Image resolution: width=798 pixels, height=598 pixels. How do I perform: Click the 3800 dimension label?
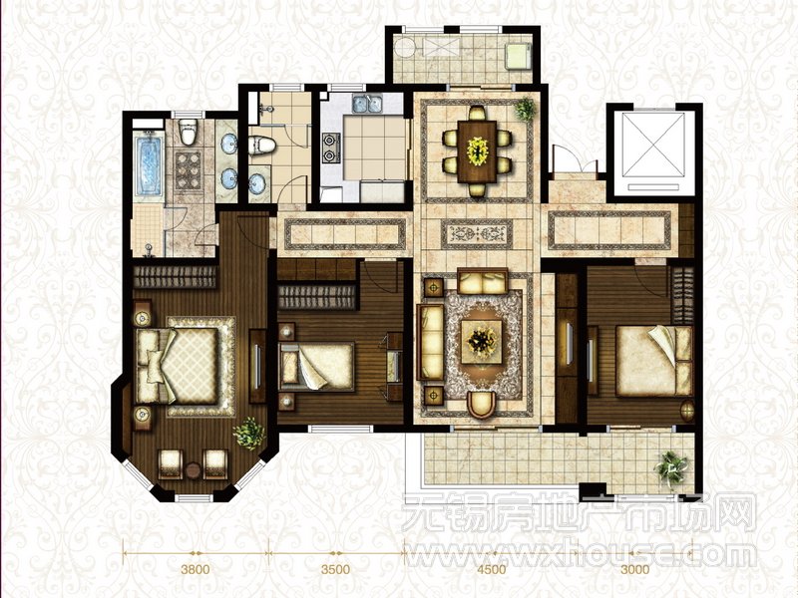pyautogui.click(x=196, y=569)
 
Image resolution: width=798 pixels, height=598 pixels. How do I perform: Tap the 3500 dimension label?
pyautogui.click(x=335, y=569)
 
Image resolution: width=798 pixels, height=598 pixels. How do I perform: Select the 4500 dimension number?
pyautogui.click(x=491, y=569)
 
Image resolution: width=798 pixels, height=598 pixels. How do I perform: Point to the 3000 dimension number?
pyautogui.click(x=634, y=569)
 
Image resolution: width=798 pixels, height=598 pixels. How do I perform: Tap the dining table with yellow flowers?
pyautogui.click(x=477, y=151)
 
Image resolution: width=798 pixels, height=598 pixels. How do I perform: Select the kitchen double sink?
pyautogui.click(x=367, y=104)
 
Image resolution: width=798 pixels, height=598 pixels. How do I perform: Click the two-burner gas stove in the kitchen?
pyautogui.click(x=331, y=148)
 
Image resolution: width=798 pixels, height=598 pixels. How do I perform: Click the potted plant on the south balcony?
pyautogui.click(x=671, y=468)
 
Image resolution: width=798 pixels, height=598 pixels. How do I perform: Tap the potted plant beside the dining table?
pyautogui.click(x=526, y=109)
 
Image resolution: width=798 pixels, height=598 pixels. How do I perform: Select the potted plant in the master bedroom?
pyautogui.click(x=249, y=434)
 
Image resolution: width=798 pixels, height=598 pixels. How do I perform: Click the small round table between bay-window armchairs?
pyautogui.click(x=193, y=469)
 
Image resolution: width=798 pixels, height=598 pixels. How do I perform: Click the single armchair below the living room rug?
pyautogui.click(x=482, y=405)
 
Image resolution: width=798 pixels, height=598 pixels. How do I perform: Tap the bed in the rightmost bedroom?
pyautogui.click(x=654, y=361)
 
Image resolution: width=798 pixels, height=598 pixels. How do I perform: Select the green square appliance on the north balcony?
pyautogui.click(x=518, y=56)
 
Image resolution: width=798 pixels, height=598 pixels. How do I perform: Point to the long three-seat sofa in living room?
pyautogui.click(x=430, y=342)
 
